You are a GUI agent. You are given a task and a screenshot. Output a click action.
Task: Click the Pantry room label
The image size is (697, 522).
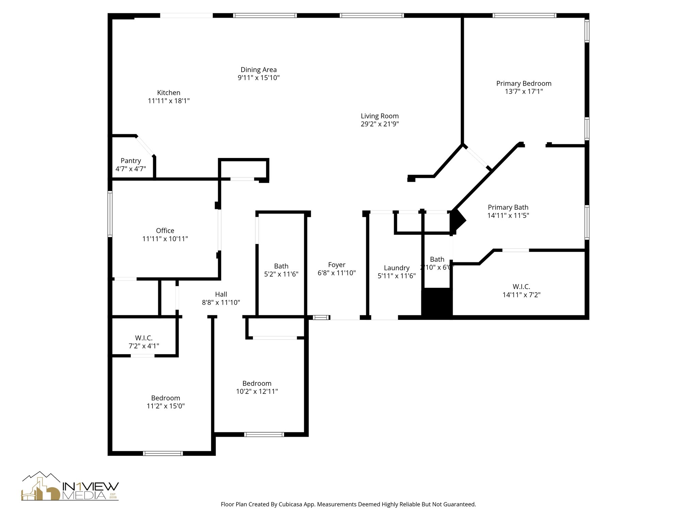point(131,161)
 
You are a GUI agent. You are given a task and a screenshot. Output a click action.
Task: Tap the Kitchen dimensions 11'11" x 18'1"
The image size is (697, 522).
point(169,101)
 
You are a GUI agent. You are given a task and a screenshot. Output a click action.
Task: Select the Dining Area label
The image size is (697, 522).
point(259,70)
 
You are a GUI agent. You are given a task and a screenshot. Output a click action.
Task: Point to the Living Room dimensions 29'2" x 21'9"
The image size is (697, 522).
point(380,124)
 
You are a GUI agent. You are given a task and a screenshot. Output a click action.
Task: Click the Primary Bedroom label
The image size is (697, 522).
point(524,84)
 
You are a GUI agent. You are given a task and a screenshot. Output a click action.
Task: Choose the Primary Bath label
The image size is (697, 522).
point(508,207)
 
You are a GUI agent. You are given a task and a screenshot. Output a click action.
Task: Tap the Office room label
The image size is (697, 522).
point(165,231)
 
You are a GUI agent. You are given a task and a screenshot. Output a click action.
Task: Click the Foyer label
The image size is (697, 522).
point(337,265)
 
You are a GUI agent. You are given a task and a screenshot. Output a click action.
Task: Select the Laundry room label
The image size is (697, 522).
point(396,268)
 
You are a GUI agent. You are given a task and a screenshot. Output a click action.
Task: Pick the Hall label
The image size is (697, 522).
point(221,294)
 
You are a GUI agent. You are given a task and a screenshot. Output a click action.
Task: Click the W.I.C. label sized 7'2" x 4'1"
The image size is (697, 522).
point(144,338)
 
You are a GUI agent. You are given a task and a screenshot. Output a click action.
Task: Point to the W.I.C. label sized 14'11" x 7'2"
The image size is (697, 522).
point(521,287)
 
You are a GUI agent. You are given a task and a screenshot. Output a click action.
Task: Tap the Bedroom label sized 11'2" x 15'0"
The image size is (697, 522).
point(166,398)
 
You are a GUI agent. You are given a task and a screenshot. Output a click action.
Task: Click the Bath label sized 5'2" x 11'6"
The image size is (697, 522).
point(281,266)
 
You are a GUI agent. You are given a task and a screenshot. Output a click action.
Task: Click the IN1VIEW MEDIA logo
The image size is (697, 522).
point(70,486)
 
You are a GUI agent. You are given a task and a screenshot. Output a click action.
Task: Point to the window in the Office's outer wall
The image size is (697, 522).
point(110,214)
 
